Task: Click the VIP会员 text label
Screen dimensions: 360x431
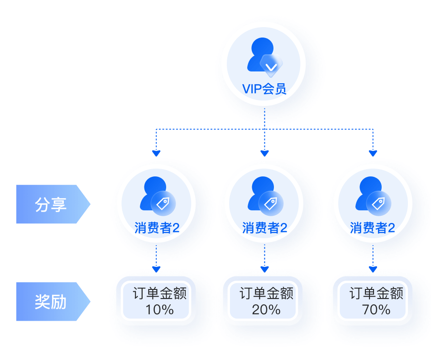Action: point(264,89)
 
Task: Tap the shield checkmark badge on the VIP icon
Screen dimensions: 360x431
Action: point(271,66)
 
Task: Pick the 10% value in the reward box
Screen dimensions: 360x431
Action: point(159,310)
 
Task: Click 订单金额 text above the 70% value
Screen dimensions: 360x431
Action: point(376,294)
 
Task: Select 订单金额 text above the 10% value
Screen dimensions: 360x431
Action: point(159,294)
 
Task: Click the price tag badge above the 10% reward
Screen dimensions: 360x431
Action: point(163,204)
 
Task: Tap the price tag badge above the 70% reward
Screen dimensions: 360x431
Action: point(378,204)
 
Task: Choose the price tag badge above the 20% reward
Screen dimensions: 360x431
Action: point(271,204)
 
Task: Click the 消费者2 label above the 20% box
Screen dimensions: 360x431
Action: point(265,228)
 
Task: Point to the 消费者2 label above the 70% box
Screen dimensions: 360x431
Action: point(373,228)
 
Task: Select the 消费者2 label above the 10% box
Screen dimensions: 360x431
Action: point(157,228)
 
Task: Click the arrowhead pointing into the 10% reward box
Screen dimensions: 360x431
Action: point(156,269)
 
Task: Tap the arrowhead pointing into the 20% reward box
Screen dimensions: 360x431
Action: point(265,269)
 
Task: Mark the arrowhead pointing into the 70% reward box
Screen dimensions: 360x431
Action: point(373,269)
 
